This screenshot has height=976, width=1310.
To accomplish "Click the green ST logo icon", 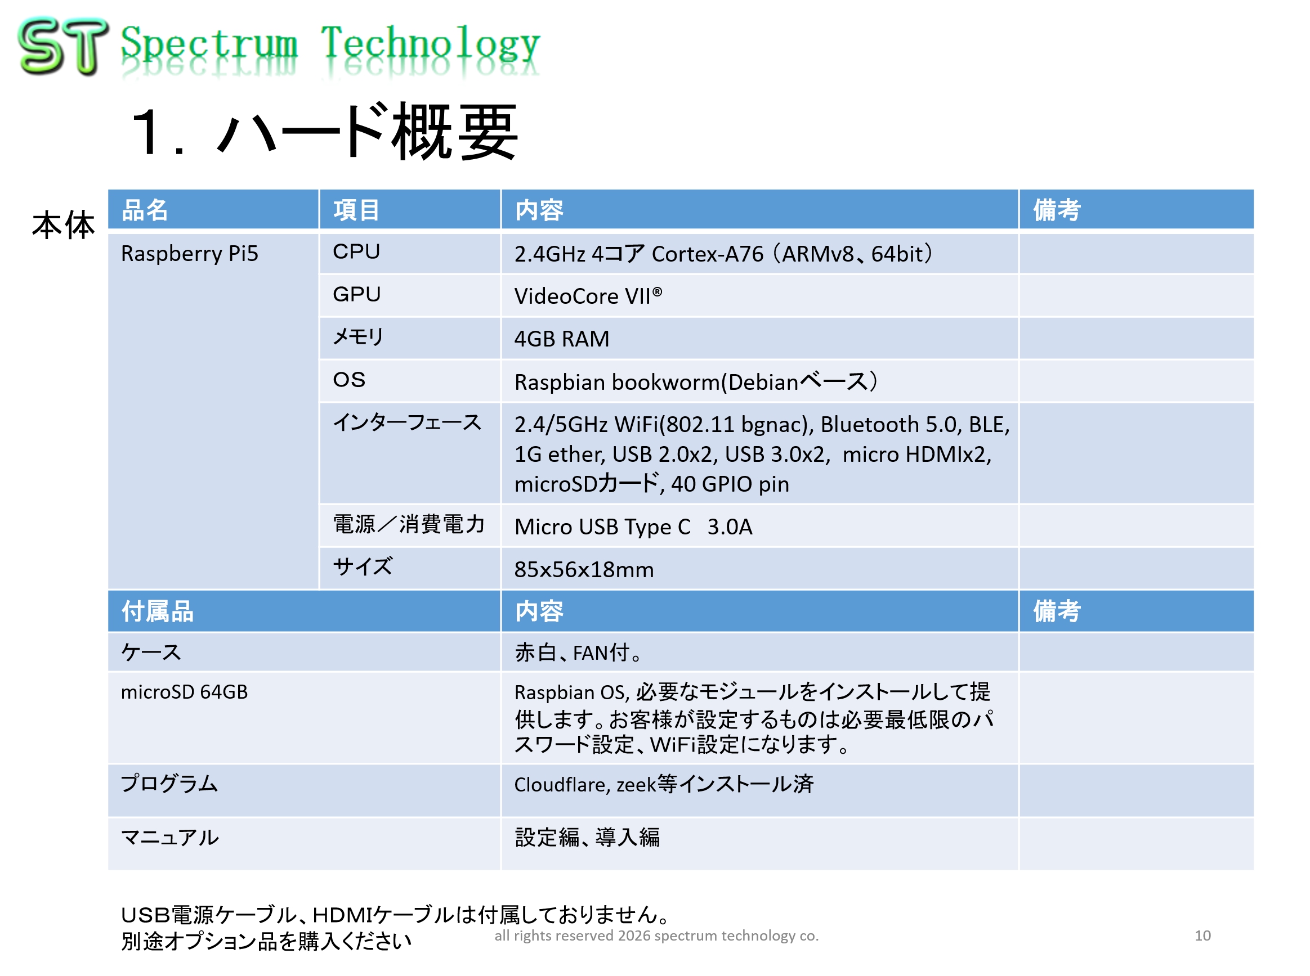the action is [63, 46].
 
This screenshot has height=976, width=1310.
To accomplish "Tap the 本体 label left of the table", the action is [63, 225].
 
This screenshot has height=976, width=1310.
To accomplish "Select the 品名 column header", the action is [145, 210].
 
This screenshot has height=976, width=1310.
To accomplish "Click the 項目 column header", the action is [356, 210].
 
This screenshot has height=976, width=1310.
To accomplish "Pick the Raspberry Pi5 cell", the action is [189, 254].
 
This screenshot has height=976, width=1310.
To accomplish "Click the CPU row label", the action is [356, 251].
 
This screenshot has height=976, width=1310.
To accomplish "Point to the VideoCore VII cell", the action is [588, 295].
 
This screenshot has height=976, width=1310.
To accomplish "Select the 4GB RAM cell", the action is [561, 339].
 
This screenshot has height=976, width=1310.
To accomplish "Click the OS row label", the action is [349, 379].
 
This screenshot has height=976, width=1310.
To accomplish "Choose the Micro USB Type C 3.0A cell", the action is [633, 527].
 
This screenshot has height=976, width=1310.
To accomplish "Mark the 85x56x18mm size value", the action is [583, 569].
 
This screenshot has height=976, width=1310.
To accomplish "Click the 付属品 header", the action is [157, 611].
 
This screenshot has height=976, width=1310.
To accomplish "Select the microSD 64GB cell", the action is [184, 692].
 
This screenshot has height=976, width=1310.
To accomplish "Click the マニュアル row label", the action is [169, 837].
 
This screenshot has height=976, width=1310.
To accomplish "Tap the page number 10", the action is [1202, 935].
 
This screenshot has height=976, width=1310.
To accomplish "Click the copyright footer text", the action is [656, 935].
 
